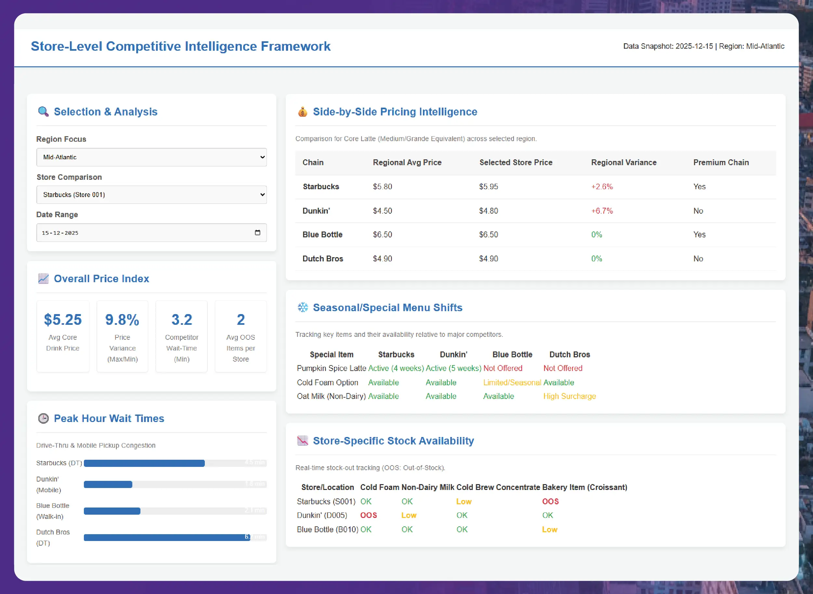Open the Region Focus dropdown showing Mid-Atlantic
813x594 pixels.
click(151, 157)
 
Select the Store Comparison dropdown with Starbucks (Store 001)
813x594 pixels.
click(151, 194)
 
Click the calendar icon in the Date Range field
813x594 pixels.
click(257, 233)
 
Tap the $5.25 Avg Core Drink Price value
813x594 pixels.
click(62, 320)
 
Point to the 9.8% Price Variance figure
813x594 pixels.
click(122, 320)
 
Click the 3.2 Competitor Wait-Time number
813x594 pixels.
click(181, 320)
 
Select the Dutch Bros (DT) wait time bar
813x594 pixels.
click(167, 537)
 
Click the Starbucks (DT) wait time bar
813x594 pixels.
click(144, 463)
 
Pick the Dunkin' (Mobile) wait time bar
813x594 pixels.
click(108, 484)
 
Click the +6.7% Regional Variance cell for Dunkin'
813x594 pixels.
click(602, 211)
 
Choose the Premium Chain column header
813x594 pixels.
click(721, 163)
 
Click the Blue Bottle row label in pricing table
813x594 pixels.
click(322, 234)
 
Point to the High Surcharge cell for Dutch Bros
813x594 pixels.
click(569, 396)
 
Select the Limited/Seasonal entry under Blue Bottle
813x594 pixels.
click(511, 383)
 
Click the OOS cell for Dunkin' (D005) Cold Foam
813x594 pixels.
click(368, 515)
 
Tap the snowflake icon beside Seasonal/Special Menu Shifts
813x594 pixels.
click(303, 308)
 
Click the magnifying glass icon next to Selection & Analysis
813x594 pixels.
click(43, 112)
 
